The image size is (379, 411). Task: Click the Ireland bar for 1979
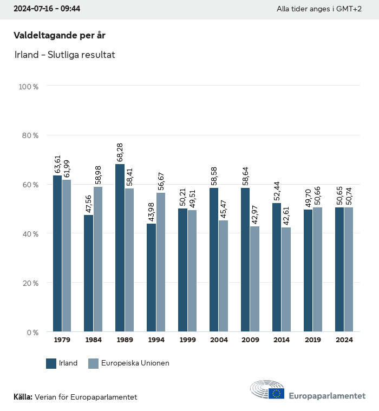coord(57,253)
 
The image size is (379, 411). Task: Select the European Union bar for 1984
coord(98,259)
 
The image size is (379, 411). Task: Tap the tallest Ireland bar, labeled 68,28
coord(120,247)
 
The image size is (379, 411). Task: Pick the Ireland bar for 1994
coord(151,277)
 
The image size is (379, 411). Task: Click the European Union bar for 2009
coord(254,279)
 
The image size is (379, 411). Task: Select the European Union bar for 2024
coord(349,269)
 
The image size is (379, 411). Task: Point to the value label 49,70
coord(308,197)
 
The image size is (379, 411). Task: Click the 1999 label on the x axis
coord(187,340)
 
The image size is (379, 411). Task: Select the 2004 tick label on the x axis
coord(219,340)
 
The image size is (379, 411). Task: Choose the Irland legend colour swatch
coord(51,363)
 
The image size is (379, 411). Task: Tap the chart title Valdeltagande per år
coord(59,36)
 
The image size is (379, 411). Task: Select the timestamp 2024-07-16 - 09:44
coord(47,9)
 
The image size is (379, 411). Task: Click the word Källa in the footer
coord(23,397)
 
